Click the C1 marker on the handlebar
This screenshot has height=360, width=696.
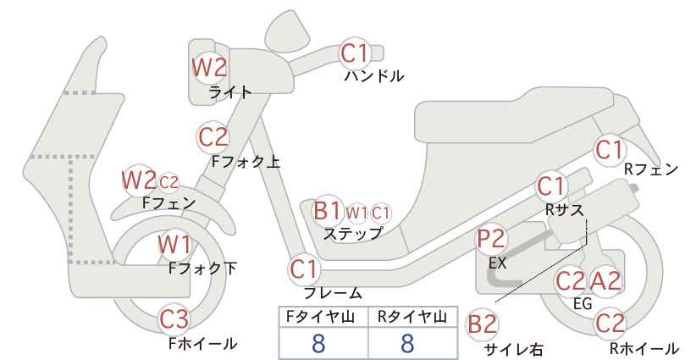(355, 53)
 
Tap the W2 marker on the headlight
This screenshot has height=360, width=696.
(209, 67)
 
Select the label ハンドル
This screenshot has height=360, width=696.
(374, 76)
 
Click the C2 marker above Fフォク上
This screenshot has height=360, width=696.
(213, 136)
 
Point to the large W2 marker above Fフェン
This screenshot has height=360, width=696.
(139, 180)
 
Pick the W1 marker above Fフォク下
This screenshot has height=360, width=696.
(175, 244)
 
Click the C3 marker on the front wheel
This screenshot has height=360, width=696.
(175, 318)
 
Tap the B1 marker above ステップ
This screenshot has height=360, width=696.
(328, 210)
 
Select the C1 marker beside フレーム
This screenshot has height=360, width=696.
(305, 269)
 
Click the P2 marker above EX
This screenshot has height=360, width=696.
(491, 239)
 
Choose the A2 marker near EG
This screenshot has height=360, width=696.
(605, 280)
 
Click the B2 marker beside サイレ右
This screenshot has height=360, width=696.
(482, 324)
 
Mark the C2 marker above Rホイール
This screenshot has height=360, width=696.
(610, 324)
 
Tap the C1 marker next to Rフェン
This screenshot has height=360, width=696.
(610, 150)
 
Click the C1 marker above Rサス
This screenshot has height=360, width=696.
(551, 186)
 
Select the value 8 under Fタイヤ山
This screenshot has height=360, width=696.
(318, 343)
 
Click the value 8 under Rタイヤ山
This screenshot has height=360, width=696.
(407, 343)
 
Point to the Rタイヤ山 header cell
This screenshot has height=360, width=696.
(413, 317)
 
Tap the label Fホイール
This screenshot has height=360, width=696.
(203, 343)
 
